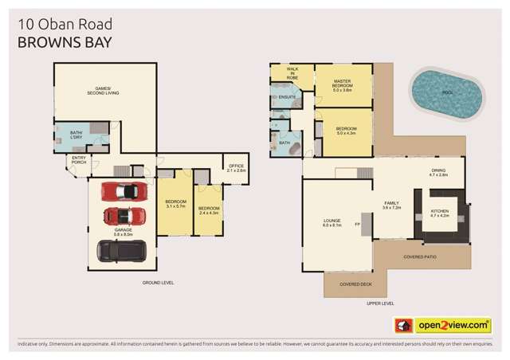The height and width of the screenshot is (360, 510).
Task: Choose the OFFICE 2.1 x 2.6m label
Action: coord(237,168)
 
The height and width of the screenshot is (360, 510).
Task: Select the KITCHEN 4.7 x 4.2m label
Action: coord(440,213)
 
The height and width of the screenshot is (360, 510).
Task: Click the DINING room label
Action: coord(438,172)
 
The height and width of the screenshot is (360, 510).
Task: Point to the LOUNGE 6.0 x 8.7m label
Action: coord(331,223)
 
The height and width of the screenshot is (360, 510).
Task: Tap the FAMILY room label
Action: coord(391,205)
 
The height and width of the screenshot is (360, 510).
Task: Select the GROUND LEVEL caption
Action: coord(158,284)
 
